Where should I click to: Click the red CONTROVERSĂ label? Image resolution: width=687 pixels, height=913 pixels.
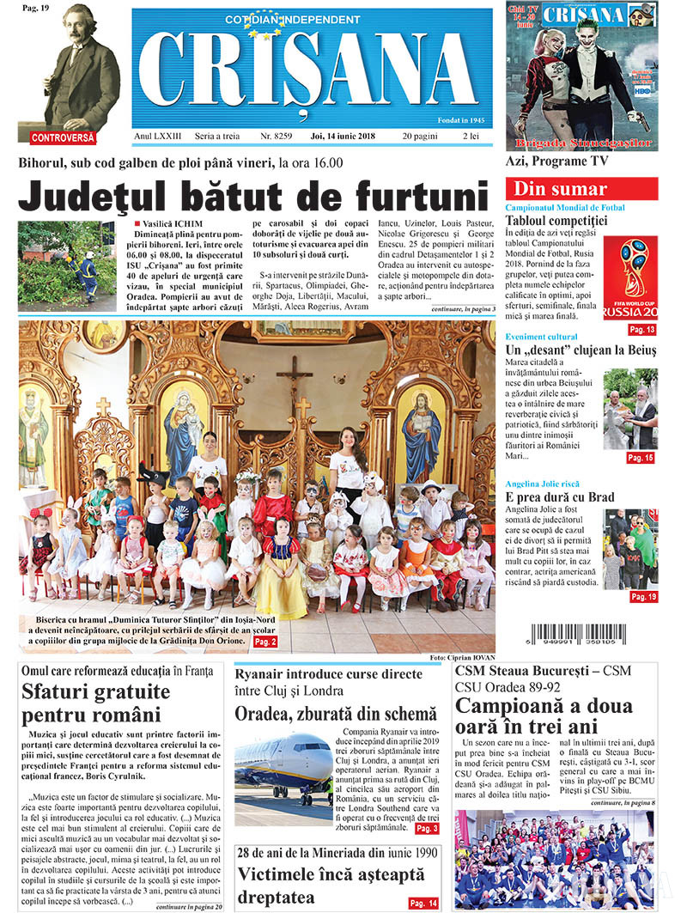click(63, 137)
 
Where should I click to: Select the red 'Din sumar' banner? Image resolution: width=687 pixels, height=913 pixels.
click(581, 189)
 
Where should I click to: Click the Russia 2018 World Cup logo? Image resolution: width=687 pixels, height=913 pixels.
click(630, 279)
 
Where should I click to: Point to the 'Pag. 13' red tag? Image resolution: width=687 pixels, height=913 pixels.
click(641, 330)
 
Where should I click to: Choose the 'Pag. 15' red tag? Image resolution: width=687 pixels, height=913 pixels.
click(641, 458)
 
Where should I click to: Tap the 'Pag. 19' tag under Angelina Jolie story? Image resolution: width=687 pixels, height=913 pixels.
click(641, 596)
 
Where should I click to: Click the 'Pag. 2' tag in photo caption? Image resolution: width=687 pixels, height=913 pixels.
click(265, 641)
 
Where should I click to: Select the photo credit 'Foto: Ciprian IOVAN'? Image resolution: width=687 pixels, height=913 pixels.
click(462, 658)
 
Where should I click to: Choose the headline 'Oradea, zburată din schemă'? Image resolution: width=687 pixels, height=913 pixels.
click(336, 713)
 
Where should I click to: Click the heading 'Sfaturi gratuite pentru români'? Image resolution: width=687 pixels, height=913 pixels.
click(96, 702)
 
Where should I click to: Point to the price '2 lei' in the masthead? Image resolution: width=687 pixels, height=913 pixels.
click(471, 136)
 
